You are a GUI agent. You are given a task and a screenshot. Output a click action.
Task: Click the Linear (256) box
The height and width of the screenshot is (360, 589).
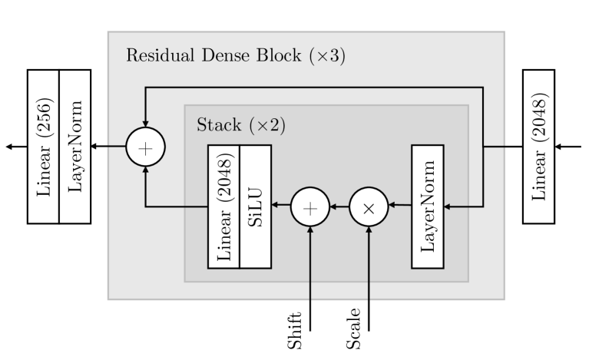click(x=43, y=147)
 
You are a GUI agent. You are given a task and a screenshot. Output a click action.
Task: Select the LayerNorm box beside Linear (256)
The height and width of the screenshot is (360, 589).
click(x=75, y=147)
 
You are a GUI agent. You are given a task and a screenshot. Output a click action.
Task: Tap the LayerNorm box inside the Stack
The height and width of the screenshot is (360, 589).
click(x=429, y=205)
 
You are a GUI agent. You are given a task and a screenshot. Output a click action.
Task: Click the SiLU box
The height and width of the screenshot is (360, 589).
click(x=256, y=205)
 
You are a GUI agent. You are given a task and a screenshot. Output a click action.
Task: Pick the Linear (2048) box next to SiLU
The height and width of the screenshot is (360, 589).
click(x=223, y=205)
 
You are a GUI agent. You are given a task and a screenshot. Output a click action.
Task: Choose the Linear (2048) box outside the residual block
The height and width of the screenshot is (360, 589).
click(x=538, y=147)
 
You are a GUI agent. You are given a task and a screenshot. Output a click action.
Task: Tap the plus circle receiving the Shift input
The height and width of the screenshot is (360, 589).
click(x=310, y=206)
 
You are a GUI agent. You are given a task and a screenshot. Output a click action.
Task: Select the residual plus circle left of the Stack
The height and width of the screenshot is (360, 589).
click(x=145, y=146)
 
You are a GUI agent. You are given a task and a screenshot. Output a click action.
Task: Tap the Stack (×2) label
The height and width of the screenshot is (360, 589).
click(x=241, y=124)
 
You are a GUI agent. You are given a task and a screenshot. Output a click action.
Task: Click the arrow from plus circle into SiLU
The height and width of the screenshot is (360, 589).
click(x=281, y=206)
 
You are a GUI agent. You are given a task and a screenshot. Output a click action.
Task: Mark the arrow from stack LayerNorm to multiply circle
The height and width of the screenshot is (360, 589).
click(x=400, y=206)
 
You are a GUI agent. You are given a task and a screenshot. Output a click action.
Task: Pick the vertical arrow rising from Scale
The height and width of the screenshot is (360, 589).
click(x=369, y=276)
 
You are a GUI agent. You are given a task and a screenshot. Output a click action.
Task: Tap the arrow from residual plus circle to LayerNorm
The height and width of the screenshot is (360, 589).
click(x=108, y=147)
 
